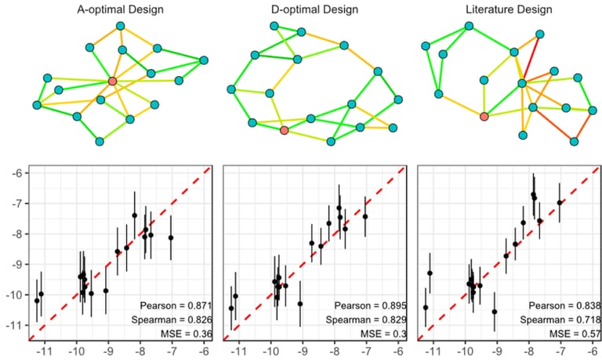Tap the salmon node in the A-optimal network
point(113,81)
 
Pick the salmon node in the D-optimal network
point(284,130)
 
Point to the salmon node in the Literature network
point(484,117)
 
